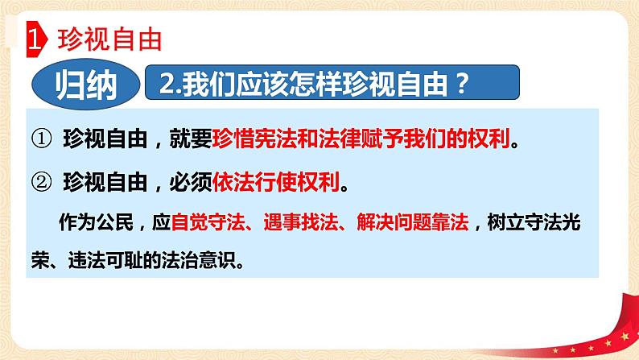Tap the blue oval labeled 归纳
85,84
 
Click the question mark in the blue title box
460,83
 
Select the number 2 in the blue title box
167,83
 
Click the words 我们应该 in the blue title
224,83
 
